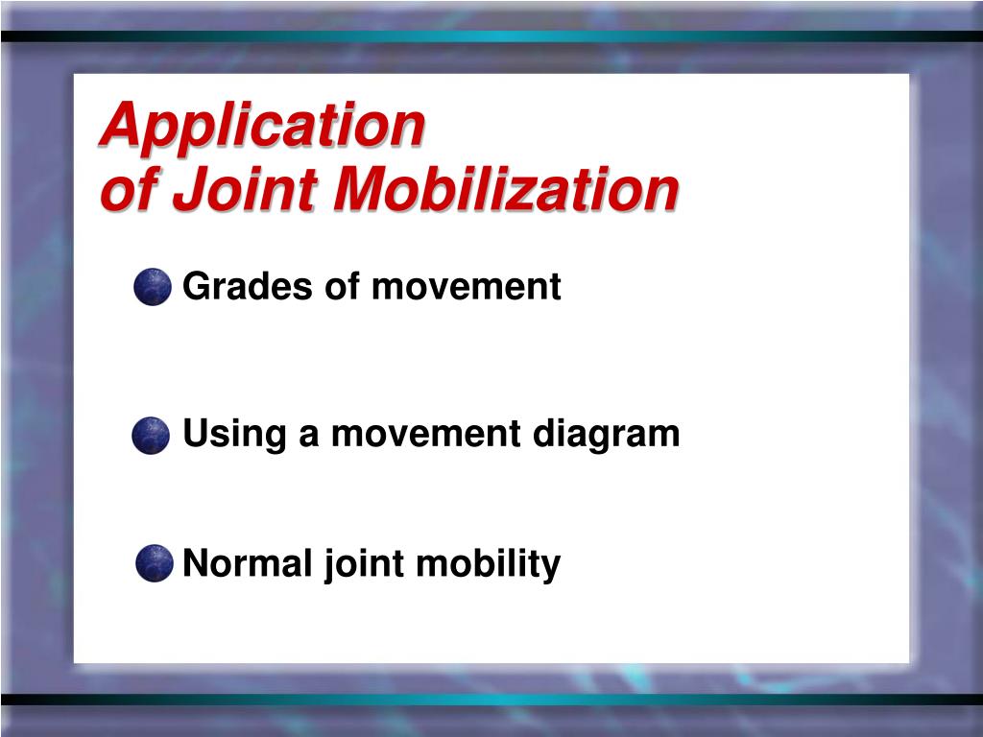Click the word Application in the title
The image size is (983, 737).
(261, 126)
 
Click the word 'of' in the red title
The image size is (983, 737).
(130, 190)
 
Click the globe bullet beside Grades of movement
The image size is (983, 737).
(153, 287)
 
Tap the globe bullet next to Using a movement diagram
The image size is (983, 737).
(151, 436)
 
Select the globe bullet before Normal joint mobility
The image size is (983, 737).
(154, 563)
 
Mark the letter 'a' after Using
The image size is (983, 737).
(309, 436)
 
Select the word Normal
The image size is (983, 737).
(248, 562)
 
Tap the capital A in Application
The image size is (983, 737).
(117, 125)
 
